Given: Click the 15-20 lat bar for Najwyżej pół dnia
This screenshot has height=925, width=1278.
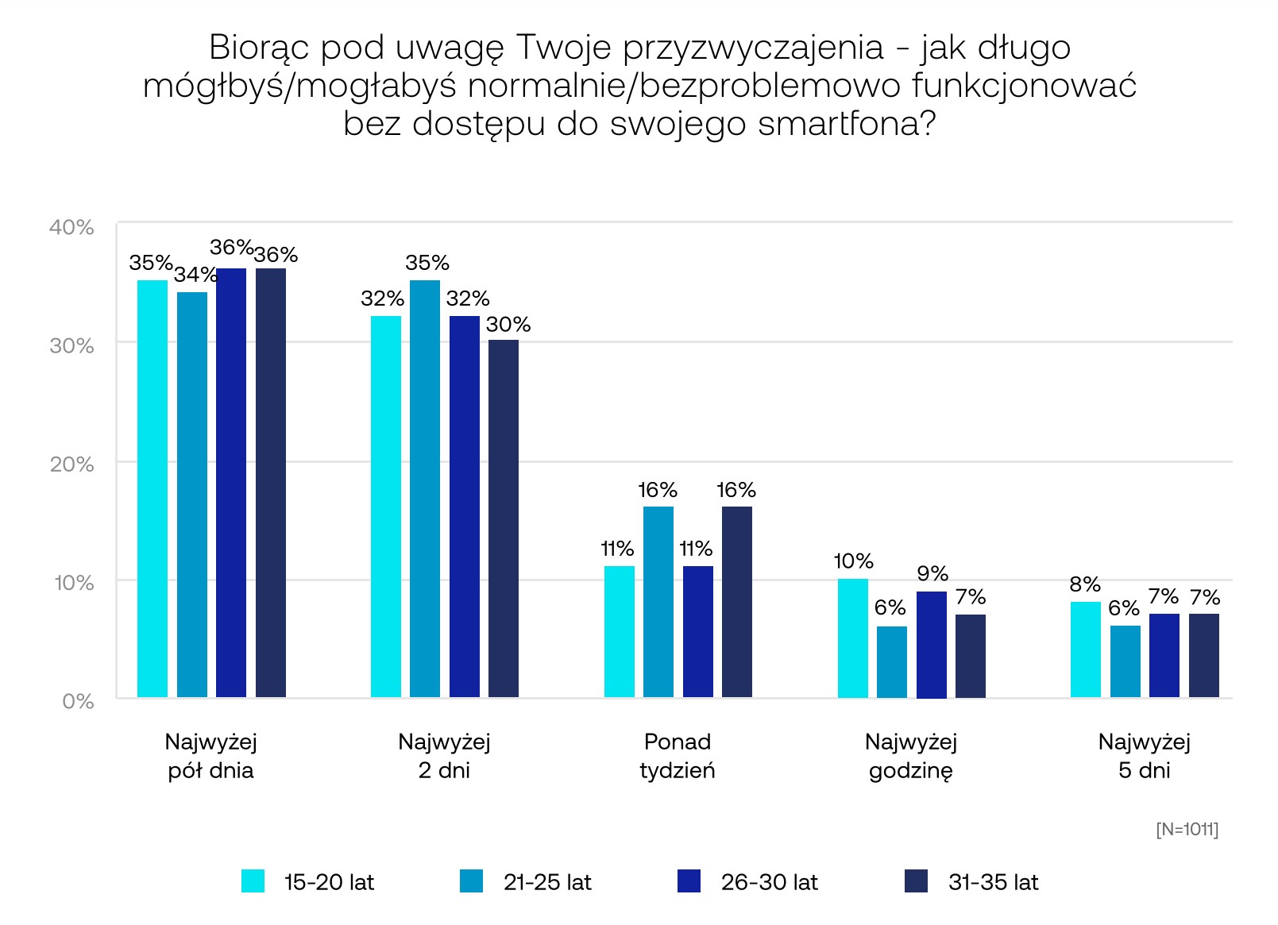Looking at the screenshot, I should tap(153, 488).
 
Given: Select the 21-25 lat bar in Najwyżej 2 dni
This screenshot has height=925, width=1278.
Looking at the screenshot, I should tap(425, 488).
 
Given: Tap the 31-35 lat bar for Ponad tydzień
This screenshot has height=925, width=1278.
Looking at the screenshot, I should tap(736, 602).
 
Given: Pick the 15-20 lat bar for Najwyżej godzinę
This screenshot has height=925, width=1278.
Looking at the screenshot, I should tap(852, 638).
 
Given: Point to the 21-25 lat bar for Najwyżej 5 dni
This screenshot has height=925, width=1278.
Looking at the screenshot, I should tap(1125, 661).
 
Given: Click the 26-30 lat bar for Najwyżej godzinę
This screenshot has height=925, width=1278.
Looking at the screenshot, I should tap(931, 644).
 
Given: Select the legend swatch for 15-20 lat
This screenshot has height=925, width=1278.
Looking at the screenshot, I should tap(253, 881).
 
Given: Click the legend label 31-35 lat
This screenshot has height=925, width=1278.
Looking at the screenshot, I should tap(993, 882).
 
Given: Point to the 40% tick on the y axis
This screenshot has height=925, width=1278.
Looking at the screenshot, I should tap(72, 227).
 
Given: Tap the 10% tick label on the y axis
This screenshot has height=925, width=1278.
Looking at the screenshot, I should tap(73, 583).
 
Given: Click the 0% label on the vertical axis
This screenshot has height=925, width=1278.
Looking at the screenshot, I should tap(78, 701).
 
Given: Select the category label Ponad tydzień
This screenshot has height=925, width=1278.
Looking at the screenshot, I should tap(677, 756).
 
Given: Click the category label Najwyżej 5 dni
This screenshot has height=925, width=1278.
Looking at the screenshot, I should tap(1144, 756).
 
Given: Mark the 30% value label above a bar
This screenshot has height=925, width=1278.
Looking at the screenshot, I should tap(508, 324).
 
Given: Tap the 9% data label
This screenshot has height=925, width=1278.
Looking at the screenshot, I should tap(932, 573).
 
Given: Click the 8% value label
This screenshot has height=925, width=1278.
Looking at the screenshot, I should tap(1085, 584).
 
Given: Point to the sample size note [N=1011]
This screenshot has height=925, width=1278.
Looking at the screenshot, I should tap(1187, 829).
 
